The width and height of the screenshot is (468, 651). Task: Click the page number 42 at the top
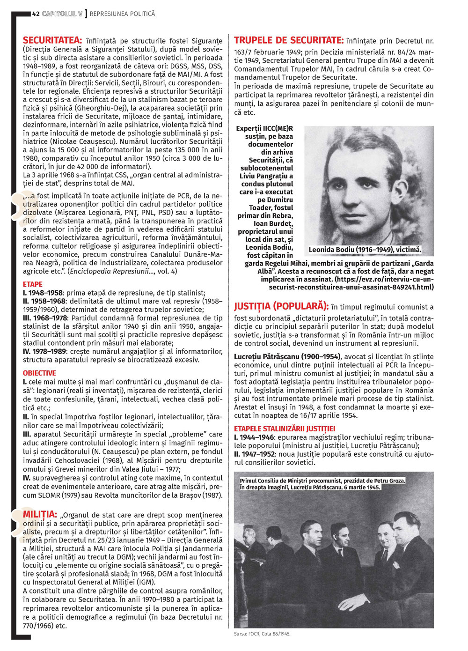36,14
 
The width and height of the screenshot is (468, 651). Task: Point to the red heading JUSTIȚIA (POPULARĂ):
280,306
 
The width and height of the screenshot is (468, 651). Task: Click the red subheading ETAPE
33,284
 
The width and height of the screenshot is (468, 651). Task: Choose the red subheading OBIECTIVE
39,373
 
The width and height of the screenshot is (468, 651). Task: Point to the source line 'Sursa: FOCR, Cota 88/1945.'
262,634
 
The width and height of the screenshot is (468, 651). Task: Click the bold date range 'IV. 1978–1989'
44,351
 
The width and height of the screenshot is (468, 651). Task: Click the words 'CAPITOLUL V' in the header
62,14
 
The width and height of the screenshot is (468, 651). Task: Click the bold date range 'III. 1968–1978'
45,318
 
